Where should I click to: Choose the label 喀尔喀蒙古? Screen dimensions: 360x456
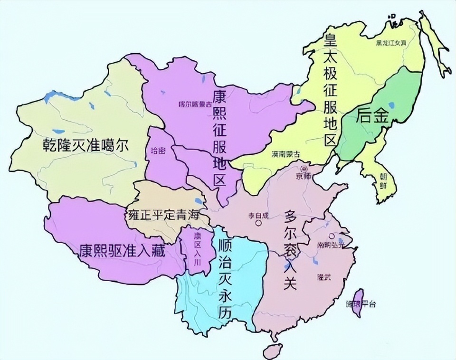coord(192,104)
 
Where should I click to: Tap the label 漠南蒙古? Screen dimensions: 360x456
coord(286,154)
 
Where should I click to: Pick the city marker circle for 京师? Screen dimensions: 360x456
coord(304,168)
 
